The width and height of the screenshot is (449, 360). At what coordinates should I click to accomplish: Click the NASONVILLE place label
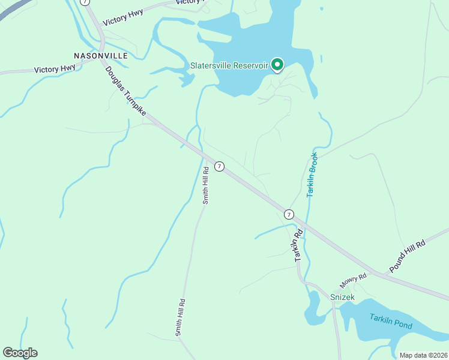click(101, 55)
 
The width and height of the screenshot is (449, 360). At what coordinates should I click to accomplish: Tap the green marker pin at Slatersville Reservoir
click(277, 64)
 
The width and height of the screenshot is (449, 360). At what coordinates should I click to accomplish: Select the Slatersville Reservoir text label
click(229, 65)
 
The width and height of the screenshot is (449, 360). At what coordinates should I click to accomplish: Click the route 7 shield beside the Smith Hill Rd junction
click(220, 166)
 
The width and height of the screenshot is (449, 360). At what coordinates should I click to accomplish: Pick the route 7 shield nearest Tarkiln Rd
click(289, 214)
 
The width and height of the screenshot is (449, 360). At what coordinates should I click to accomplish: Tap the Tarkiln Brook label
click(312, 175)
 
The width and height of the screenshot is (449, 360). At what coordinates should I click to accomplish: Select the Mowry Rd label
click(354, 280)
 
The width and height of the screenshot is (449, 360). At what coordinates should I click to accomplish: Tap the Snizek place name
click(342, 297)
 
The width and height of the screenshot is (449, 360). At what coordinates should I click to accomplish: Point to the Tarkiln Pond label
click(391, 325)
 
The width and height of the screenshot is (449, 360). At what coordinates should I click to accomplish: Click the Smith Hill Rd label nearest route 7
click(205, 185)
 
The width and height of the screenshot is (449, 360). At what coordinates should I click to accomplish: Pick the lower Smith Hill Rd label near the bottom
click(179, 317)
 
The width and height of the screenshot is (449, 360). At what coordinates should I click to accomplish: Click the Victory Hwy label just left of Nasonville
click(55, 69)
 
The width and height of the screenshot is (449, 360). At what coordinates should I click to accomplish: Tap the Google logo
click(20, 353)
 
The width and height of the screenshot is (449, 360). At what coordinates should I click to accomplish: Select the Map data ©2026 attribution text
click(423, 355)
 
